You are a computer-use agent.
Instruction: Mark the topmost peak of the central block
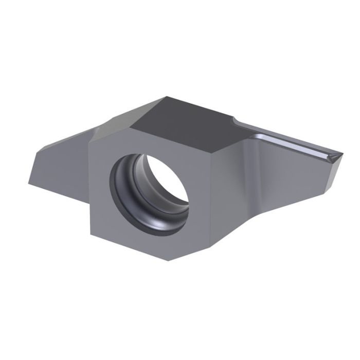[x=166, y=95]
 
